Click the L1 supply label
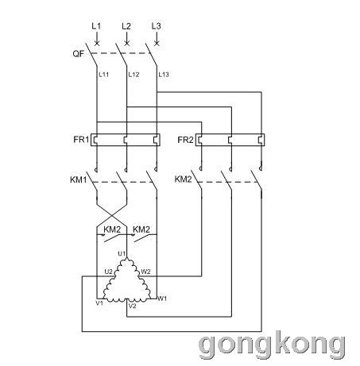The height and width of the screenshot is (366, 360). [x=96, y=26]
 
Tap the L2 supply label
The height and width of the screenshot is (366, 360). [x=126, y=26]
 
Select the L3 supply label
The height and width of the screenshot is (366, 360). [x=156, y=26]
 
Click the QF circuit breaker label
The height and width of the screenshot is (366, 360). [x=78, y=54]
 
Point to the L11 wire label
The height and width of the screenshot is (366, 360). [x=103, y=75]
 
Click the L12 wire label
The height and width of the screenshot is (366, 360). [x=134, y=75]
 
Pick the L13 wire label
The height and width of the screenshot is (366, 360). [x=164, y=75]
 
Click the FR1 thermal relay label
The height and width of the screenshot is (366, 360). [x=81, y=139]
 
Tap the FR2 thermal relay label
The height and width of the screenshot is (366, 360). [x=185, y=140]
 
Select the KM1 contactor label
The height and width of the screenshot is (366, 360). [x=79, y=179]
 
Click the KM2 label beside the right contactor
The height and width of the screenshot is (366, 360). [x=183, y=179]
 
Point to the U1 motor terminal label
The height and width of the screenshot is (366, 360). [x=122, y=253]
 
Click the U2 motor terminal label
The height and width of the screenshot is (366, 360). [x=108, y=272]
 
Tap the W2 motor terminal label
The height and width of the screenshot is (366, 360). [x=145, y=272]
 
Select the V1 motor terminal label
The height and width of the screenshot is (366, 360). [x=99, y=303]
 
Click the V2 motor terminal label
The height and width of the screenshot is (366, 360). [x=132, y=306]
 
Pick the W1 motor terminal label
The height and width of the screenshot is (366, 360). [x=162, y=299]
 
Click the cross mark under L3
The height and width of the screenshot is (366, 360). [x=157, y=43]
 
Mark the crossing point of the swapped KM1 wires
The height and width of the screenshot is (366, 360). [x=112, y=216]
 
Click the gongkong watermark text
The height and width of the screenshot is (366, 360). [x=272, y=345]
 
